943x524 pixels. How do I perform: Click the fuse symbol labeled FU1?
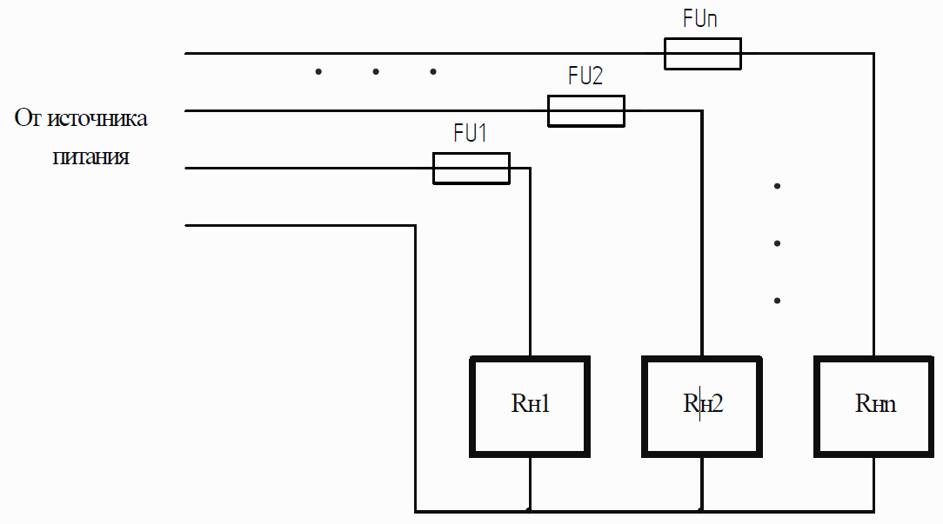[x=471, y=169]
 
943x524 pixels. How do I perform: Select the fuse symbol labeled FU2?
[x=586, y=111]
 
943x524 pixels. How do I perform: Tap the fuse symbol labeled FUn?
[x=702, y=54]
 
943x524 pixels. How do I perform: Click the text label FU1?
[x=470, y=133]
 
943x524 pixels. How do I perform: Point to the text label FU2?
[x=585, y=76]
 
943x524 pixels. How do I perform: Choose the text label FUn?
[x=700, y=18]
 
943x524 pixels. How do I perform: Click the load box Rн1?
[x=530, y=407]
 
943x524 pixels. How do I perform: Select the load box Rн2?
[x=702, y=407]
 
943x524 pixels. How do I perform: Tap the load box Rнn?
[x=873, y=407]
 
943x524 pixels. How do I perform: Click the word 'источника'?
[x=97, y=118]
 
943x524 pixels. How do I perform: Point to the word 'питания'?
[x=90, y=157]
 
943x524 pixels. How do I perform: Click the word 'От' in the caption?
[x=28, y=118]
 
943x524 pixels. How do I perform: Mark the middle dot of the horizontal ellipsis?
[x=376, y=72]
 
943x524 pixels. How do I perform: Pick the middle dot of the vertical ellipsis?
[x=777, y=243]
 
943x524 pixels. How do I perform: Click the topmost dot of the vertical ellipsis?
[x=777, y=186]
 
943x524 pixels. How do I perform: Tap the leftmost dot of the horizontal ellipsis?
[x=318, y=72]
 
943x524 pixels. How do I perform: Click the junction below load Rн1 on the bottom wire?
[x=530, y=511]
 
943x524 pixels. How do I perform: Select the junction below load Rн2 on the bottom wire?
[x=702, y=511]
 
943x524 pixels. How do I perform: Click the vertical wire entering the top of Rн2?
[x=702, y=234]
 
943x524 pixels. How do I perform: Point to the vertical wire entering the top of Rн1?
[x=530, y=262]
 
